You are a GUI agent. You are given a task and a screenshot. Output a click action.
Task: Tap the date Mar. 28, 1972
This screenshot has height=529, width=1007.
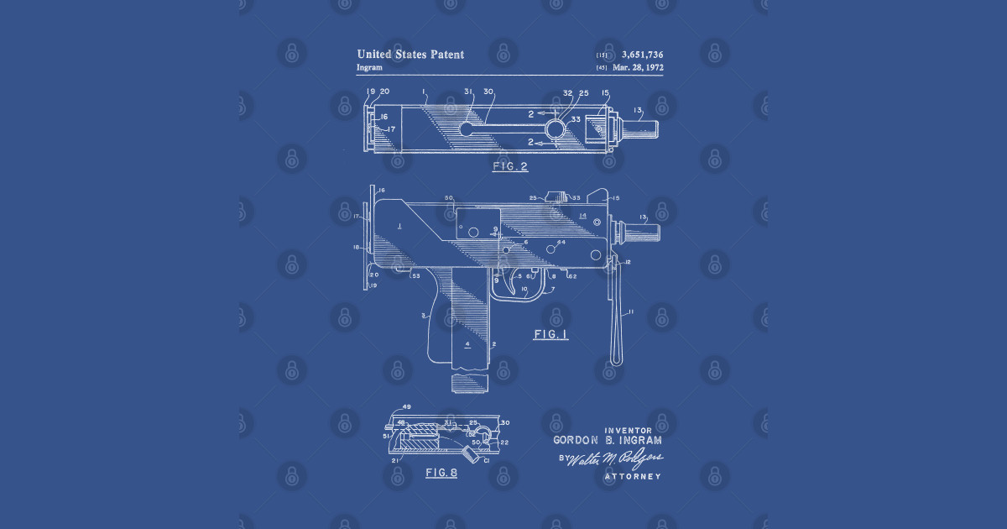click(638, 67)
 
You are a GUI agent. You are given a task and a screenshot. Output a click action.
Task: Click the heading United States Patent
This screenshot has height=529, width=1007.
click(410, 55)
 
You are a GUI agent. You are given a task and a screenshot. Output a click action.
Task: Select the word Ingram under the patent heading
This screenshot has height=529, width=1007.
click(369, 67)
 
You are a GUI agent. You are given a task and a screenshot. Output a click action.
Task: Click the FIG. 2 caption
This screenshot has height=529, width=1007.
click(509, 166)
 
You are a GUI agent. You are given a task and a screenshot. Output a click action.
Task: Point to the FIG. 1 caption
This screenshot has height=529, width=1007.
click(551, 334)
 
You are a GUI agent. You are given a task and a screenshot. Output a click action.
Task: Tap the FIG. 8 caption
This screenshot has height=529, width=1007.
click(441, 473)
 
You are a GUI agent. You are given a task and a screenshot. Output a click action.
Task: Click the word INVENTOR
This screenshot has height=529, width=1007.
click(628, 431)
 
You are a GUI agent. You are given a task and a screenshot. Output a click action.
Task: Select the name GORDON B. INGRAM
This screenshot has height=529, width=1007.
click(608, 441)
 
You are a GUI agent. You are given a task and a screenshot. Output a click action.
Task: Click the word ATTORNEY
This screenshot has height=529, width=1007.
click(633, 477)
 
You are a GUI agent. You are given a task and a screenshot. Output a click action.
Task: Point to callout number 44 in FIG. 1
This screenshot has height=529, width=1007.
click(561, 243)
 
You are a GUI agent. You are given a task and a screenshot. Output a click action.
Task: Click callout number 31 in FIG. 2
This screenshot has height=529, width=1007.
click(468, 92)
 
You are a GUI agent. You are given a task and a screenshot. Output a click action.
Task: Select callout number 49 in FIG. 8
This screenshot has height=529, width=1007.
click(407, 407)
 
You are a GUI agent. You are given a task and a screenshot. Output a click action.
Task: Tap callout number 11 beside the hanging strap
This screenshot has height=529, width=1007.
click(631, 312)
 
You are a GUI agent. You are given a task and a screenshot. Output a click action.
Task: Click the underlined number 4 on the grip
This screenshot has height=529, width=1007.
click(467, 344)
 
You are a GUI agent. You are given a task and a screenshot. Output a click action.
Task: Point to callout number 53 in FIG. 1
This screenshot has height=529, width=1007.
click(415, 275)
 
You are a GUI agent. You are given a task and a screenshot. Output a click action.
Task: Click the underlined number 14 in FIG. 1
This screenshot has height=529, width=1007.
click(582, 216)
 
